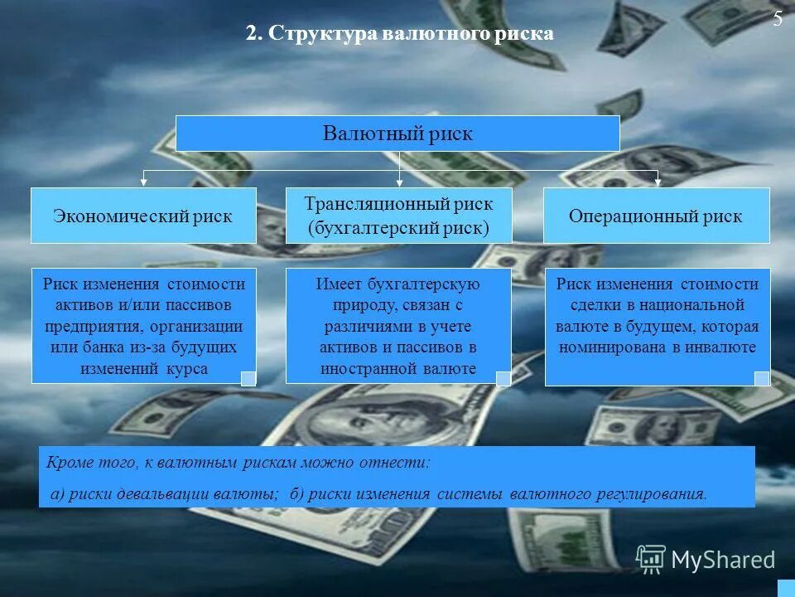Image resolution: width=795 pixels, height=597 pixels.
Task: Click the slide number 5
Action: click(x=778, y=21)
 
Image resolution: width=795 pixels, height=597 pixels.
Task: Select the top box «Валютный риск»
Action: click(x=397, y=133)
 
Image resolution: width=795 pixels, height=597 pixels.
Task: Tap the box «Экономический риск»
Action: click(x=143, y=216)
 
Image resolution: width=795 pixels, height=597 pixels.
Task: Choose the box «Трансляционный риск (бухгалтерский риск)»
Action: click(x=398, y=216)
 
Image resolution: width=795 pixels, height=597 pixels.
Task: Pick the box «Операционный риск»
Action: click(x=656, y=216)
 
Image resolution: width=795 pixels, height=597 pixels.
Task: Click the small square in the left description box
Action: click(x=248, y=378)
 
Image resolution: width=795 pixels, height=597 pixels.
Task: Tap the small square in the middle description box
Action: click(x=503, y=378)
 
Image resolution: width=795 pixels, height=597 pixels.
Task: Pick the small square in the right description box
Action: click(x=761, y=378)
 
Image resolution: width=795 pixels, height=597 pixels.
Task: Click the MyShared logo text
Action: click(x=723, y=560)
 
